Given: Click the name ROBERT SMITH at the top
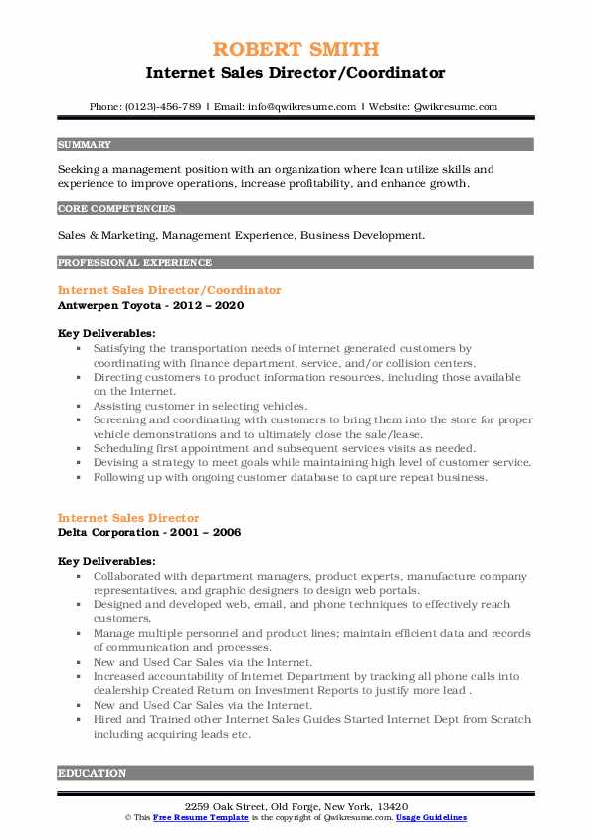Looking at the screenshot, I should (x=296, y=50).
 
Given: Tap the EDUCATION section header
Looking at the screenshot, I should (x=92, y=773).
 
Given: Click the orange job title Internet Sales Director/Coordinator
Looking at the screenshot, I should (x=169, y=290).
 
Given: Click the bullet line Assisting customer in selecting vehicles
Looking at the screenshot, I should (x=195, y=406).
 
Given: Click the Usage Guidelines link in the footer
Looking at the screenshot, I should (x=431, y=818).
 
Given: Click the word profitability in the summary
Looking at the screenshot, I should (x=296, y=183).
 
